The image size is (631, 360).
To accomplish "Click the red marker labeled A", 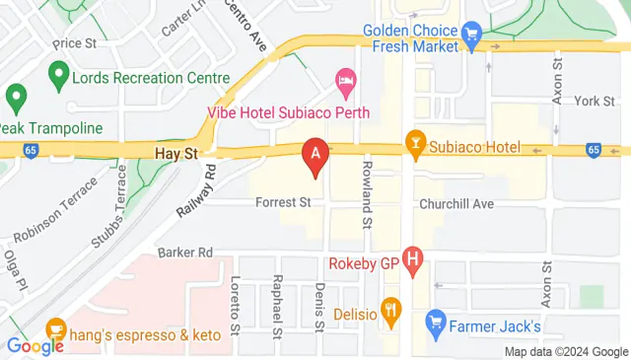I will pyautogui.click(x=315, y=155).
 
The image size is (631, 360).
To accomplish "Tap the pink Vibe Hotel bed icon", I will pyautogui.click(x=345, y=79).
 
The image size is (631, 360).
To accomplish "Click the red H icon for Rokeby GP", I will pyautogui.click(x=412, y=261).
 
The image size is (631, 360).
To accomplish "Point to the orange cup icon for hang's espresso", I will pyautogui.click(x=55, y=328).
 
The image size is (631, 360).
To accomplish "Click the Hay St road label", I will pyautogui.click(x=177, y=154).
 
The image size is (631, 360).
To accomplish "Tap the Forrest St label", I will pyautogui.click(x=283, y=202).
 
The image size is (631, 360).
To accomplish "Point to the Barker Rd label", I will pyautogui.click(x=185, y=252).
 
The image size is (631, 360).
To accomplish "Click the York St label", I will pyautogui.click(x=595, y=101).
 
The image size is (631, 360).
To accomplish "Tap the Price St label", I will pyautogui.click(x=75, y=43).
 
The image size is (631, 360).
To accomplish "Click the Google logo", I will pyautogui.click(x=35, y=345).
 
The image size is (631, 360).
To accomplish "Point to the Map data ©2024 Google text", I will pyautogui.click(x=566, y=352).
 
